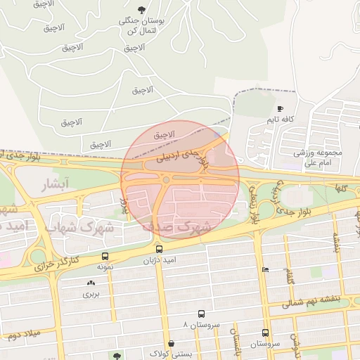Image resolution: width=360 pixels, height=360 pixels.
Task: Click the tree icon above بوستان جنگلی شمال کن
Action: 142,10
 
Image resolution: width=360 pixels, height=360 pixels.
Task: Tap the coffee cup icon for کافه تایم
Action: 280,109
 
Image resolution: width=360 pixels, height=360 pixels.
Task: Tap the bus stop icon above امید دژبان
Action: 158,249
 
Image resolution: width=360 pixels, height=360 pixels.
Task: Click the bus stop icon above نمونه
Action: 105,257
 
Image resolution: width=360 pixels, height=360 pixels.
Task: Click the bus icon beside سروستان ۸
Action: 202,314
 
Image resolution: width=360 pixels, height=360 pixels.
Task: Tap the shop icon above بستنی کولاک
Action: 172,343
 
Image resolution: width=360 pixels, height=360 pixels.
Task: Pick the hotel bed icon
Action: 265,269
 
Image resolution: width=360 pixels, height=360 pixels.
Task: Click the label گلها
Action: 342,188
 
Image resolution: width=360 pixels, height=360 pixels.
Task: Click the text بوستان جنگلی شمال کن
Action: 142,27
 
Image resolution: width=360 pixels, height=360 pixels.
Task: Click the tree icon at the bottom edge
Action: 116,356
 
